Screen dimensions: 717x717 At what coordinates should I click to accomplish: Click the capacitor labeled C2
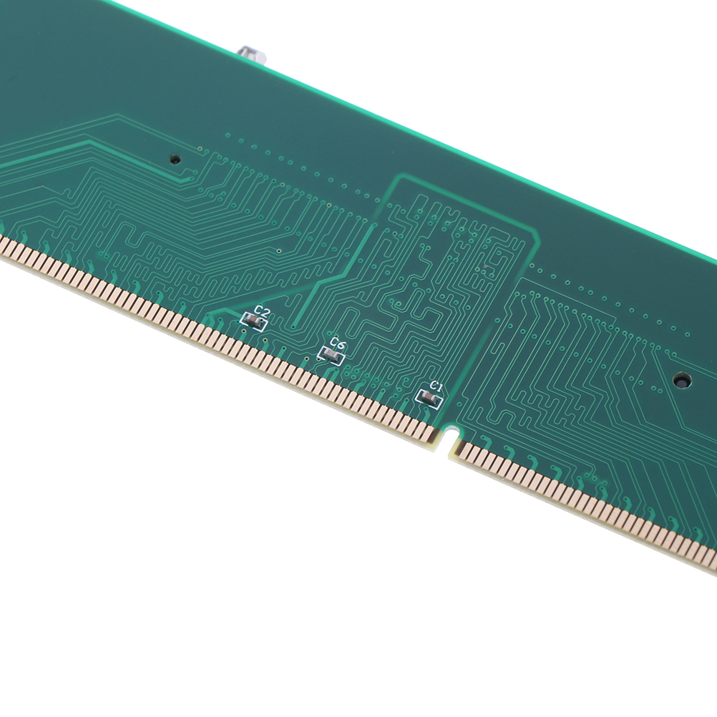(253, 322)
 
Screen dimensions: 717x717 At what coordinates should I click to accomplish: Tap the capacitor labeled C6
(331, 354)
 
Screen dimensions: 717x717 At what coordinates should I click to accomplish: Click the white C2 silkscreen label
(263, 312)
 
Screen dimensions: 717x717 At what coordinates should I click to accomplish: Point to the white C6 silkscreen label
(338, 343)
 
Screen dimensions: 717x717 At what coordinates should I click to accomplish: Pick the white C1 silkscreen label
(436, 387)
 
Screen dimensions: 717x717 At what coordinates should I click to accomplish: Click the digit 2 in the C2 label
(265, 313)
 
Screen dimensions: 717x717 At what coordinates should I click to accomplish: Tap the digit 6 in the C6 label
(342, 343)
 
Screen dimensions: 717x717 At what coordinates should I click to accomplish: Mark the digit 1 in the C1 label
(439, 388)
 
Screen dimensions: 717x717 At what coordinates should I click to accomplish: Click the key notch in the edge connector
(450, 436)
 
